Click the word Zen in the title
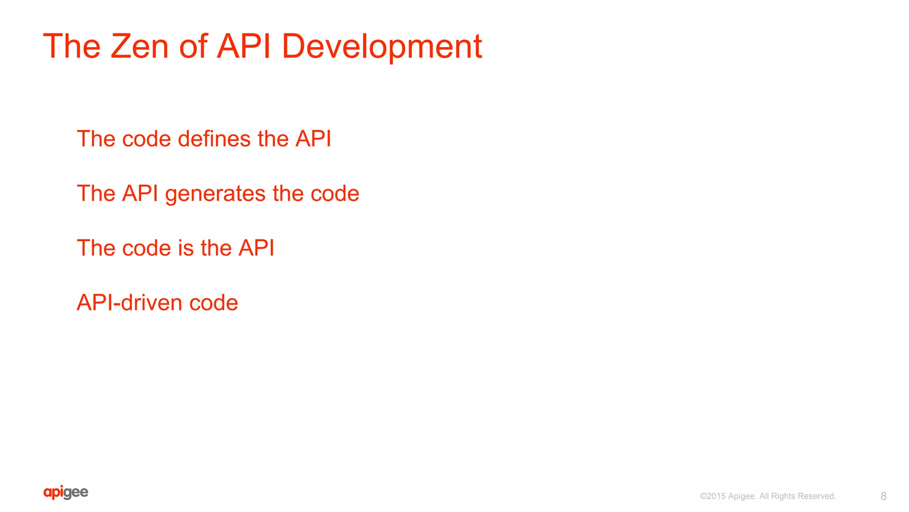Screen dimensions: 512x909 (x=139, y=46)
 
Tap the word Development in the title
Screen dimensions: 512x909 (x=382, y=46)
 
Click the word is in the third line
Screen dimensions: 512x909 (x=186, y=248)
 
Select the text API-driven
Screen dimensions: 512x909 (x=129, y=303)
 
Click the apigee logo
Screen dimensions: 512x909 (x=66, y=492)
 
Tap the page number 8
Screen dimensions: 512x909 (x=883, y=496)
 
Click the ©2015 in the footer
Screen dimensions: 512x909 (x=712, y=496)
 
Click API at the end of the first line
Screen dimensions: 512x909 (x=313, y=139)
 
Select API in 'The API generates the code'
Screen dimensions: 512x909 (x=140, y=194)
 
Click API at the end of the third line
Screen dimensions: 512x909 (x=256, y=248)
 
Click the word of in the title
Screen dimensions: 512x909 (x=193, y=46)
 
